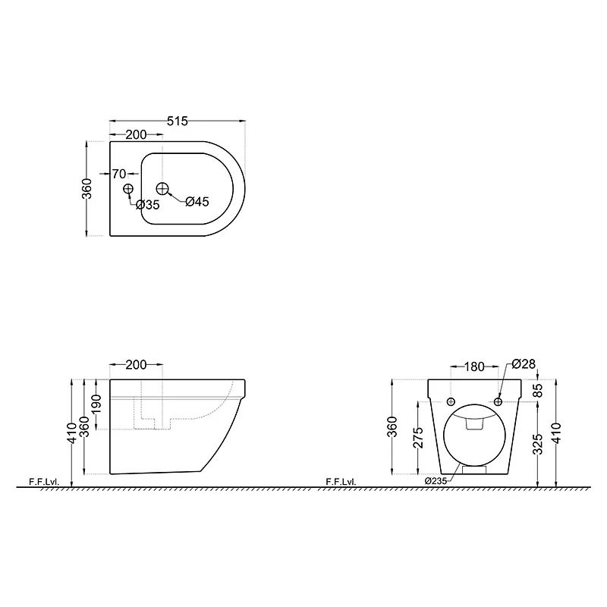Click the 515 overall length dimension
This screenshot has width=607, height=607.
pyautogui.click(x=178, y=121)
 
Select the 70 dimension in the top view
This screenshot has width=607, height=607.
pyautogui.click(x=119, y=174)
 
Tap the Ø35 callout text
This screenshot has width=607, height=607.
pyautogui.click(x=148, y=205)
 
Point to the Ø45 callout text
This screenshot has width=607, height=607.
pyautogui.click(x=197, y=202)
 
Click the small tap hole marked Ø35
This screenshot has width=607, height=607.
pyautogui.click(x=128, y=188)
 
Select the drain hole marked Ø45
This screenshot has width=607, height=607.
pyautogui.click(x=162, y=188)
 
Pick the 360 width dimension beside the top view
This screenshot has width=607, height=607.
pyautogui.click(x=88, y=188)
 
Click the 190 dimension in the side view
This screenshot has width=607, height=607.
pyautogui.click(x=97, y=404)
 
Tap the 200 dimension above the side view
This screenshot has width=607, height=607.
pyautogui.click(x=137, y=365)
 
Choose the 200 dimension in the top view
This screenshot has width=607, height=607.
pyautogui.click(x=137, y=135)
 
